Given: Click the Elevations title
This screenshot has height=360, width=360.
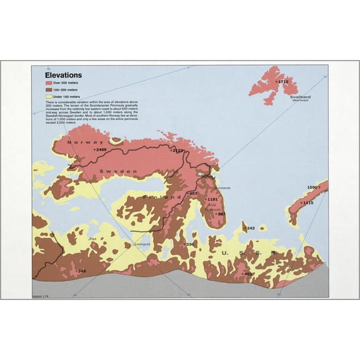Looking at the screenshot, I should click(63, 75).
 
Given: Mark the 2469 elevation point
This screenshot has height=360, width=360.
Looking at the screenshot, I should click(99, 150).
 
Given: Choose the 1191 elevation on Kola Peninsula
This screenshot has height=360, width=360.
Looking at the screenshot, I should click(211, 199).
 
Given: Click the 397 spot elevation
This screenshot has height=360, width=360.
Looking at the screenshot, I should click(219, 214).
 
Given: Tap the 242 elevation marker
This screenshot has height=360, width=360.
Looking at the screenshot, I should click(250, 229).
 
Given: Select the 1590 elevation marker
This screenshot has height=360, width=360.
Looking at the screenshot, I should click(314, 187).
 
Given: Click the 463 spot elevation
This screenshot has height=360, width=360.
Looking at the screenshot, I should click(247, 274).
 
